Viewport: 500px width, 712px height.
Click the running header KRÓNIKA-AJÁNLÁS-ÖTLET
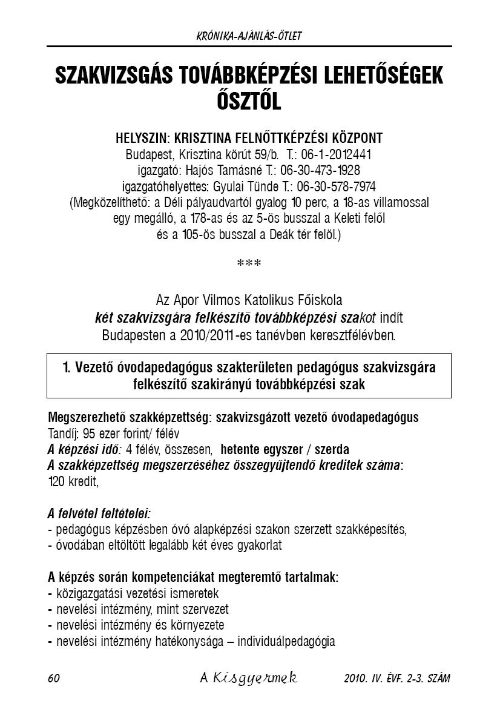click(249, 36)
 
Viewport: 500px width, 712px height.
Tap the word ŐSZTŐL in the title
click(249, 101)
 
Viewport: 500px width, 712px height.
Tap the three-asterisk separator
click(249, 264)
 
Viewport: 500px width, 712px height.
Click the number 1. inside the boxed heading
click(67, 368)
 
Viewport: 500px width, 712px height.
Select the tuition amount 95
click(88, 434)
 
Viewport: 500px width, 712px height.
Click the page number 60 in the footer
click(53, 678)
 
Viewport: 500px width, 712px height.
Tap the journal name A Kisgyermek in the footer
click(248, 678)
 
